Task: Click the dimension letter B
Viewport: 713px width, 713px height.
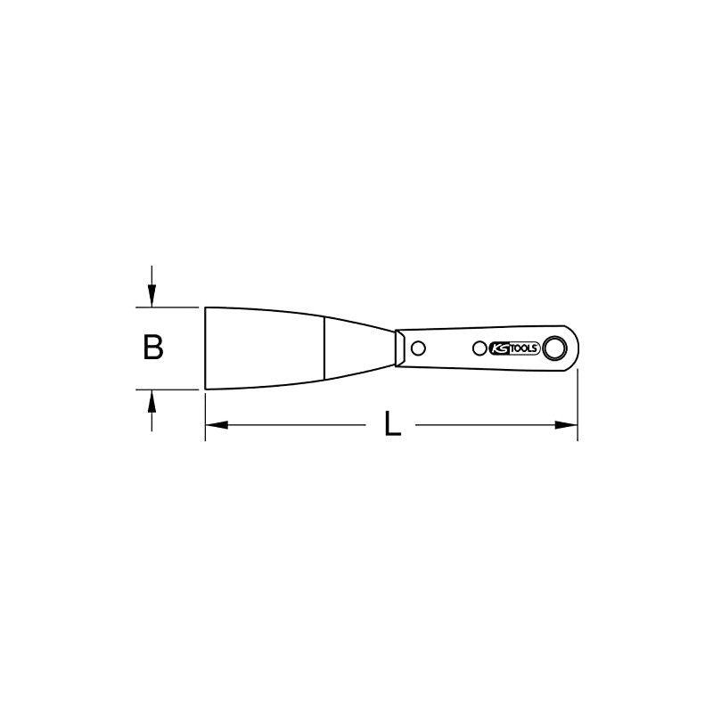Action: click(x=153, y=348)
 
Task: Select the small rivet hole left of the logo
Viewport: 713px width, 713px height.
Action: click(x=479, y=348)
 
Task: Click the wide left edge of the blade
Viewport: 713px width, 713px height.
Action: click(x=206, y=348)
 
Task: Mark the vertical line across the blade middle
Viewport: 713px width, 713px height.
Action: click(x=324, y=348)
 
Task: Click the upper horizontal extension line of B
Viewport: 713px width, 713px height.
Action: click(x=169, y=307)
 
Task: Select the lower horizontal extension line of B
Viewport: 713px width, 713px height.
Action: click(x=169, y=389)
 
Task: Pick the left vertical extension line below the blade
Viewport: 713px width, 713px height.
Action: click(x=206, y=414)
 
